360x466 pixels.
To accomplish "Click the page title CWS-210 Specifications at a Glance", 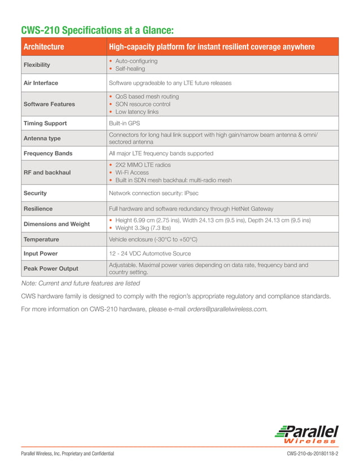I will click(97, 30).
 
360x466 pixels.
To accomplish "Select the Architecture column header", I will click(43, 47).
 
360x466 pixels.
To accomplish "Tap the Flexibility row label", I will click(37, 65).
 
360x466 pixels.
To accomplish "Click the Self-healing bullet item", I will click(130, 69).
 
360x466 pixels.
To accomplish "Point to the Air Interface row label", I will click(41, 83).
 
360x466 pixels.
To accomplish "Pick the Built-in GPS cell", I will click(124, 123).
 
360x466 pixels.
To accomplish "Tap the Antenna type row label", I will click(42, 138).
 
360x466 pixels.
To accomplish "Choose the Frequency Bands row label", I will click(47, 153).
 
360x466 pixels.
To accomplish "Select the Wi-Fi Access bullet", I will click(132, 173).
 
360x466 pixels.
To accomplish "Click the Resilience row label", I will click(38, 208).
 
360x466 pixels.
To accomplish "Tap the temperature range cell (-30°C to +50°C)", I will click(153, 239).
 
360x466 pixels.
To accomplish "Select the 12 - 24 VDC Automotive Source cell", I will click(150, 254).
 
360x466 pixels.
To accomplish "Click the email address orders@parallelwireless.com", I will click(227, 309).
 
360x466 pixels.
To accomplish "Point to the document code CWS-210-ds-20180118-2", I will click(312, 454).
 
